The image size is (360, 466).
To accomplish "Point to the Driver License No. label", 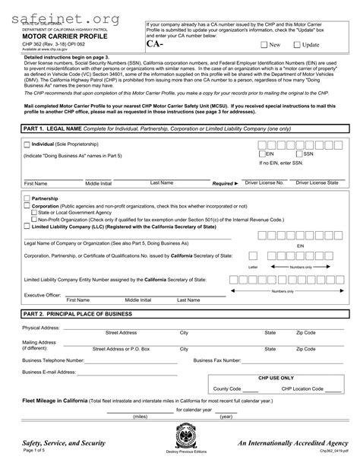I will point(264,183).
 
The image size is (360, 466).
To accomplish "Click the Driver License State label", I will point(317,183).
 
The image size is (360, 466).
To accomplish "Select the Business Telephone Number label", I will point(53,360).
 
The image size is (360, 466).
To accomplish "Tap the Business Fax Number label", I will point(220,360).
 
